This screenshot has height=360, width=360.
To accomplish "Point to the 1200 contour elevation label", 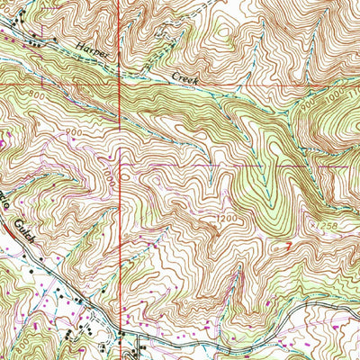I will pyautogui.click(x=227, y=218).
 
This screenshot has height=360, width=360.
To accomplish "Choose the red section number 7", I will pyautogui.click(x=285, y=243).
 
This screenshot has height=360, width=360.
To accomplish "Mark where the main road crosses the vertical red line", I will pyautogui.click(x=120, y=334).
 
